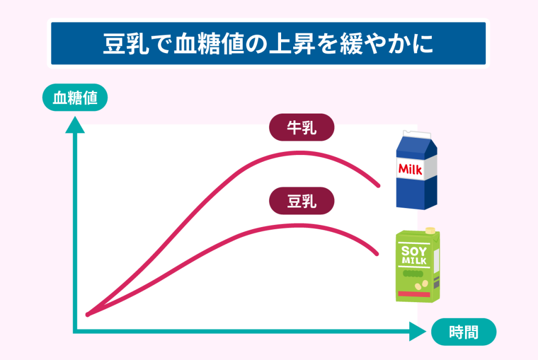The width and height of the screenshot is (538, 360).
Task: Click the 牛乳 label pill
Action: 302,127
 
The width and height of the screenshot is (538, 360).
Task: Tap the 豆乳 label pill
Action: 302,201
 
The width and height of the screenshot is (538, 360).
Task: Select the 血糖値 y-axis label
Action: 75,97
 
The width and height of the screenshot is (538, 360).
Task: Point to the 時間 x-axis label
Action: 463,332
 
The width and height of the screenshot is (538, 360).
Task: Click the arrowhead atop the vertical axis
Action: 75,125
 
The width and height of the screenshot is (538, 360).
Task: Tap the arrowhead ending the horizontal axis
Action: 418,332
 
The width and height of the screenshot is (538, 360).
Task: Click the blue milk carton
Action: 417,170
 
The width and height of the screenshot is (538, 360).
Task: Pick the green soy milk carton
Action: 418,264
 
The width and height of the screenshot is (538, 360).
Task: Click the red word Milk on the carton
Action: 410,169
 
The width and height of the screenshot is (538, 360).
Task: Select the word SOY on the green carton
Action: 414,251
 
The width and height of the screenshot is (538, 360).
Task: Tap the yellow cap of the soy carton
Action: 430,230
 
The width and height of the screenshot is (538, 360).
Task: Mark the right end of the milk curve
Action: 378,186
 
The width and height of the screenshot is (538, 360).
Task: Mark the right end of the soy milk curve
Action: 377,254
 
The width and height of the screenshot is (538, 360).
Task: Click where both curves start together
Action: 88,314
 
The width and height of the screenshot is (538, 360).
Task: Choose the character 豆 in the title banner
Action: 115,44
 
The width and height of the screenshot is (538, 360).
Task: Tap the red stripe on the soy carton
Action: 414,294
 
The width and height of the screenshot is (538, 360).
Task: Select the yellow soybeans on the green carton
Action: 421,285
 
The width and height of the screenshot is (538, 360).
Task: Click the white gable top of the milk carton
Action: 417,134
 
